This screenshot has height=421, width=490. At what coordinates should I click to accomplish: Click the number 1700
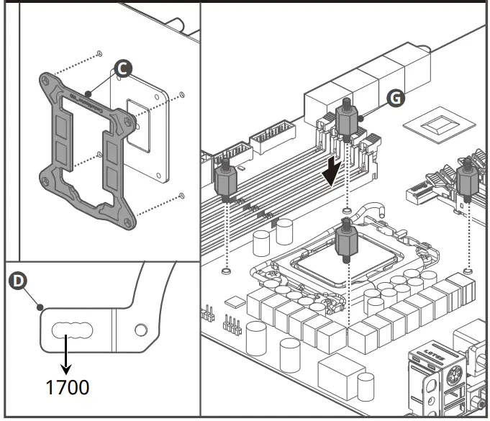[x=68, y=386]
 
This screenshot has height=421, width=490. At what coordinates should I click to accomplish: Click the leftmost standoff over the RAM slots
[x=225, y=181]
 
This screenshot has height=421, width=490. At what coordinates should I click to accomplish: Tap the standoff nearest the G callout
[x=347, y=118]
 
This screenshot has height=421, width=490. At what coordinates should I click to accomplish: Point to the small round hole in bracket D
[x=141, y=330]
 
